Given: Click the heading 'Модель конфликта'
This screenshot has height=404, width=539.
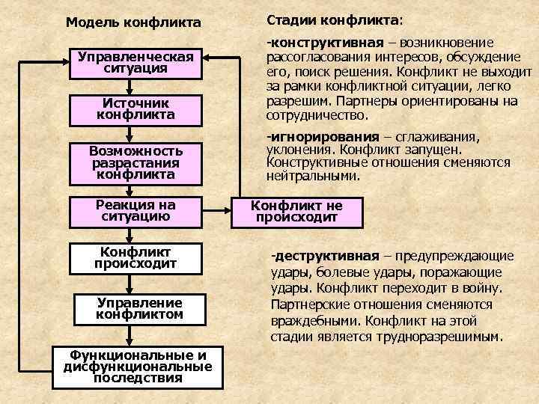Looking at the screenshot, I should tap(133, 23).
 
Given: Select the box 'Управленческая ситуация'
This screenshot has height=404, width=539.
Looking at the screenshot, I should tap(136, 62).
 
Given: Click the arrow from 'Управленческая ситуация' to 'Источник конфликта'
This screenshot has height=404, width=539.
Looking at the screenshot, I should tap(132, 86).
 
